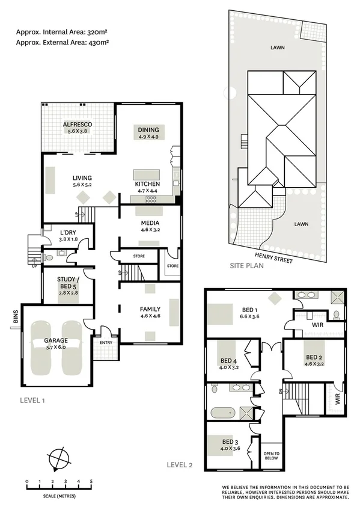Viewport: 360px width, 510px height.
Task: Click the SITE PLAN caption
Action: coord(247,265)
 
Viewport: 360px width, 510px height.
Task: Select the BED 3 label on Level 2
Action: coord(233,444)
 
